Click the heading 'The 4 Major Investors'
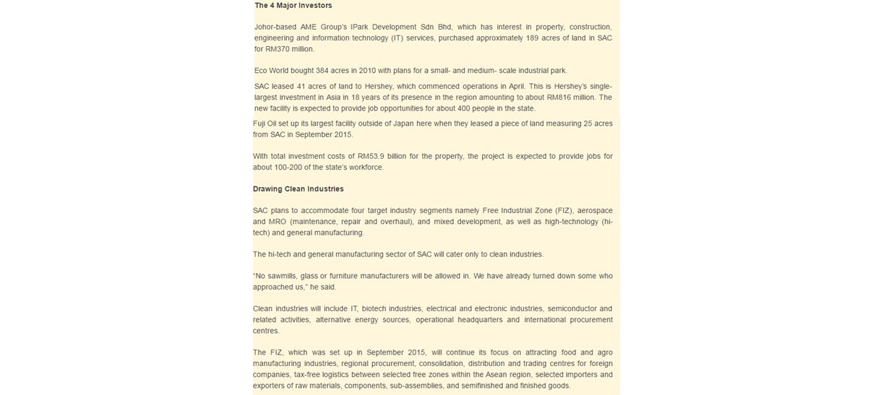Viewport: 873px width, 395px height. pyautogui.click(x=293, y=6)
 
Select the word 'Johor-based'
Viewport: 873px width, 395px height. pyautogui.click(x=275, y=27)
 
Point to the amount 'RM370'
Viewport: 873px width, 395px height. pyautogui.click(x=278, y=49)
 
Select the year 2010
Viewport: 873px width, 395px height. pyautogui.click(x=367, y=71)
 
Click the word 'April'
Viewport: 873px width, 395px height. pyautogui.click(x=516, y=87)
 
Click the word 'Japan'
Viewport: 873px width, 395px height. pyautogui.click(x=403, y=123)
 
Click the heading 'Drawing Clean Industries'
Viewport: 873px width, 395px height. pyautogui.click(x=298, y=189)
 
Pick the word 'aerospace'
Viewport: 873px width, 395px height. pyautogui.click(x=594, y=211)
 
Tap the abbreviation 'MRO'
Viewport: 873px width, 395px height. pyautogui.click(x=278, y=222)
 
